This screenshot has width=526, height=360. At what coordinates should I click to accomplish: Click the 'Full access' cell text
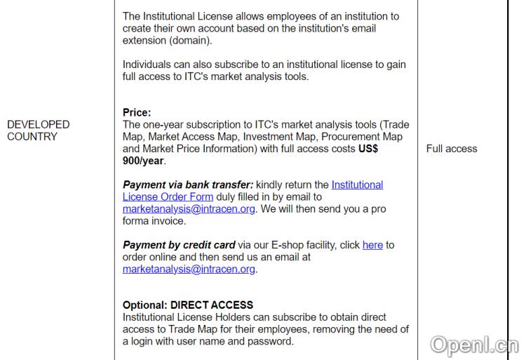click(x=452, y=149)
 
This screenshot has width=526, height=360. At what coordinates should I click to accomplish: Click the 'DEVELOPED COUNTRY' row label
click(x=38, y=131)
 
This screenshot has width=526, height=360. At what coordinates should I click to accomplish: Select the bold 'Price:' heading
click(x=137, y=112)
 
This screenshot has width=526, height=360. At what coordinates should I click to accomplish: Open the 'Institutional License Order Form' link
click(x=252, y=191)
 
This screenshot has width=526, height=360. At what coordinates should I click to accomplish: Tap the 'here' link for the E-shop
click(x=372, y=245)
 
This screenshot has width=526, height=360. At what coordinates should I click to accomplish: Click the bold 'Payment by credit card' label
click(x=179, y=245)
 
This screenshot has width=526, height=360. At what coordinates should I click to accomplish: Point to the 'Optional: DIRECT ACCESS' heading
click(x=188, y=305)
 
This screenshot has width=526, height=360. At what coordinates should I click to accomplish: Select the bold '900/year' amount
click(x=143, y=161)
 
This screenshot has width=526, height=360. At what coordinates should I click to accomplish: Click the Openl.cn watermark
click(x=474, y=345)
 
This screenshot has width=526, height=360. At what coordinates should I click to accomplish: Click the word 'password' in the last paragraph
click(x=269, y=341)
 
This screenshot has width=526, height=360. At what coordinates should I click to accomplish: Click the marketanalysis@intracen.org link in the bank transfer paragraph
click(x=189, y=209)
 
